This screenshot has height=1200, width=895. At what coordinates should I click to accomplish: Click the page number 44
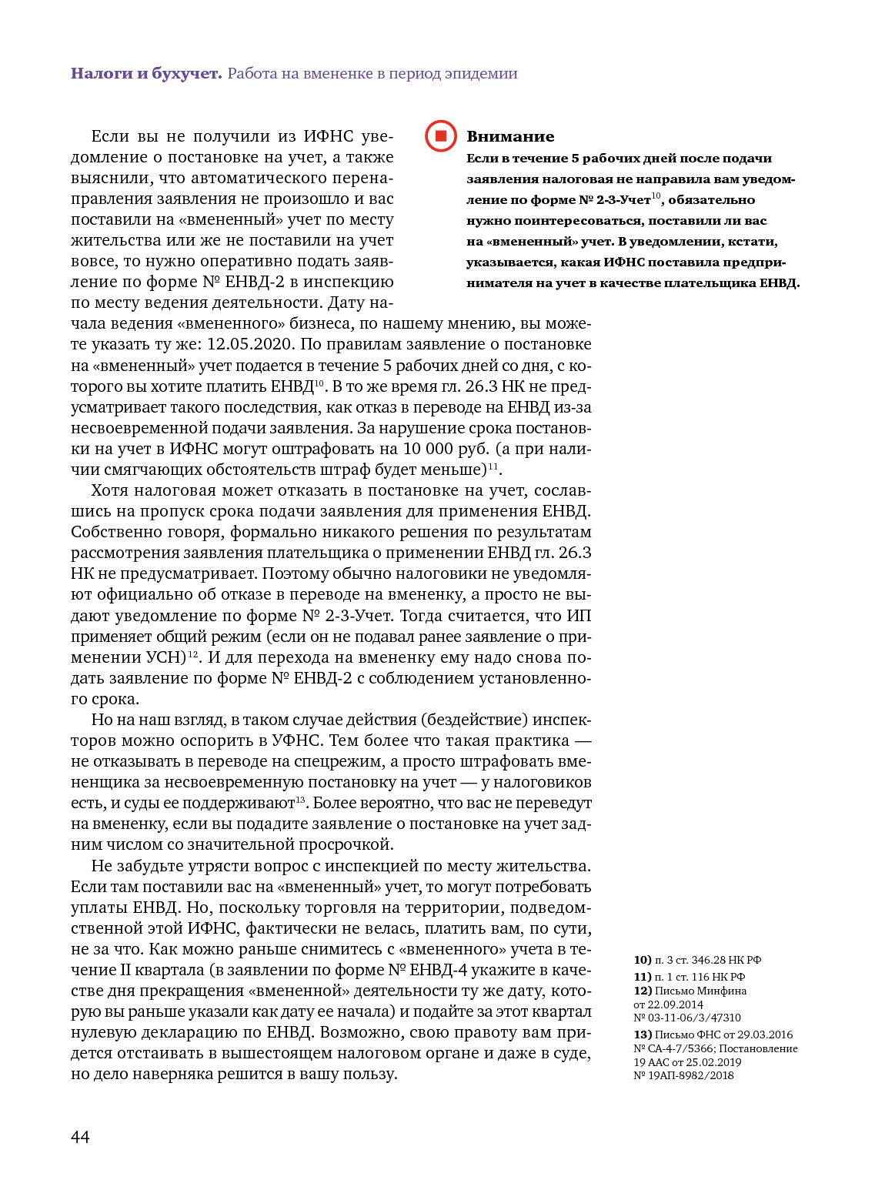(x=80, y=1137)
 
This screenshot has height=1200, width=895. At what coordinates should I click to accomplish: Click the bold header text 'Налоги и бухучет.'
(x=146, y=74)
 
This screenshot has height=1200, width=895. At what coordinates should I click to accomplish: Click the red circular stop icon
(x=441, y=136)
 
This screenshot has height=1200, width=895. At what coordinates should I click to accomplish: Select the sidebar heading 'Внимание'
(x=510, y=137)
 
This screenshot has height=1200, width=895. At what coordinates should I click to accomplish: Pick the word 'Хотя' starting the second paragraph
(x=110, y=490)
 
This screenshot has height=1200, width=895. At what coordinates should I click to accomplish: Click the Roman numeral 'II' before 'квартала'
(x=129, y=970)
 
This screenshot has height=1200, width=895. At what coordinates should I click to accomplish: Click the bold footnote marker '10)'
(x=643, y=960)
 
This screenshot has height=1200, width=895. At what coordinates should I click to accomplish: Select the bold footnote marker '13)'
(x=643, y=1035)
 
